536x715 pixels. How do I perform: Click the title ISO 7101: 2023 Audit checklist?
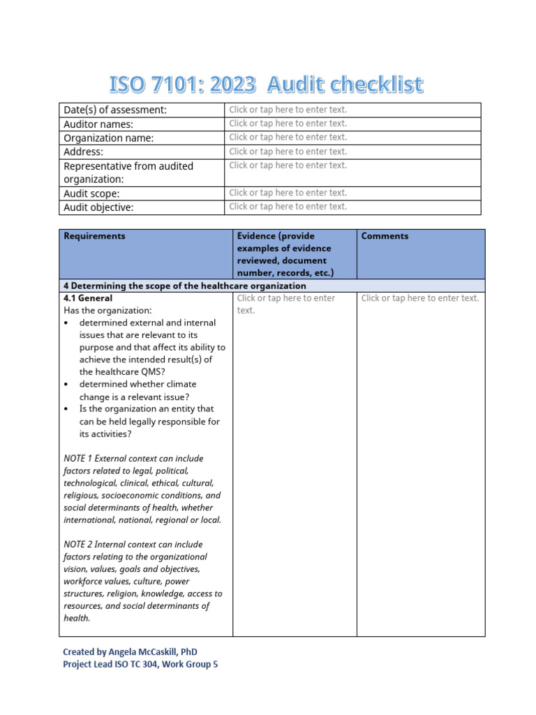coord(266,85)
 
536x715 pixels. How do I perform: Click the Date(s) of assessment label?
coord(115,110)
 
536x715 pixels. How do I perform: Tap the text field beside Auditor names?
coord(288,124)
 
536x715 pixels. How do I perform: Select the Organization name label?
coord(108,138)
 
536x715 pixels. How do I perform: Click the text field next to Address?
coord(288,152)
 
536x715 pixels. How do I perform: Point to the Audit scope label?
coord(91,193)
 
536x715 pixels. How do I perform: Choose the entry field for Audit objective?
coord(288,207)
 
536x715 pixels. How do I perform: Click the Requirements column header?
coord(94,236)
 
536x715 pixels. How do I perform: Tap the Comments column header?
coord(385,236)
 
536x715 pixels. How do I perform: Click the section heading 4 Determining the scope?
coord(185,286)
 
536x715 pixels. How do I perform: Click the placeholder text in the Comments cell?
coord(419,298)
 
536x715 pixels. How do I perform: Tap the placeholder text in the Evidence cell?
coord(285,304)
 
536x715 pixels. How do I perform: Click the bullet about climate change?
coord(137,390)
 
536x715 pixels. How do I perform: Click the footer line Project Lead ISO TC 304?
coord(140,665)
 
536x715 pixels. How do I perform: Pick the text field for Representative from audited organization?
coord(288,165)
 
